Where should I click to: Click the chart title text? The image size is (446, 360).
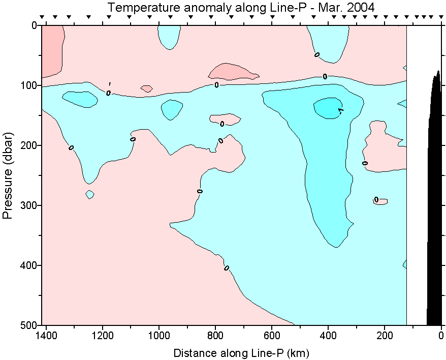[x=241, y=7]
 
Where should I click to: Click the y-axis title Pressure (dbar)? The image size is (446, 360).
[x=8, y=175]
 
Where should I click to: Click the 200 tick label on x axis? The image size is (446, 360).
[x=385, y=336]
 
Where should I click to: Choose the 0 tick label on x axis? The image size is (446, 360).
[x=441, y=336]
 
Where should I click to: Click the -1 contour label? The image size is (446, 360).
[x=341, y=110]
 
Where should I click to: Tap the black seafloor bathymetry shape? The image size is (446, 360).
[x=435, y=203]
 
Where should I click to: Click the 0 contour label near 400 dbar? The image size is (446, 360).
[x=227, y=268]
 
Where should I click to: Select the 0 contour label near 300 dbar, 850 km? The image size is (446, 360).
[x=200, y=191]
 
